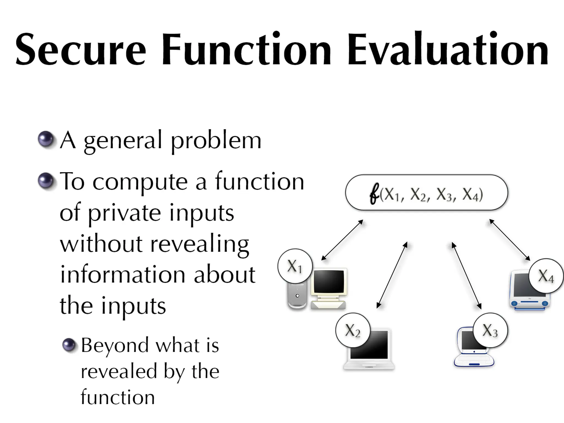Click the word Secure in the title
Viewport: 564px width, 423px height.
click(80, 50)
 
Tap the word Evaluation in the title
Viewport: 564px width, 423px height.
click(448, 50)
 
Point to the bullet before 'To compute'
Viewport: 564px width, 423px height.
click(46, 181)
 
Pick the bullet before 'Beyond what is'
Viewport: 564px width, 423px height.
click(69, 345)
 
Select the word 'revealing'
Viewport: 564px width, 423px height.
click(200, 244)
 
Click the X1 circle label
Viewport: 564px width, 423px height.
click(295, 266)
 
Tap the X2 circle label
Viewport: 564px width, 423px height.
click(353, 330)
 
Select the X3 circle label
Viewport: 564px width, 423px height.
click(490, 330)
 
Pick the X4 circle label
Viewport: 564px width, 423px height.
click(546, 276)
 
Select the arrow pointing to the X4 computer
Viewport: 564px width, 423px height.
click(509, 240)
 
